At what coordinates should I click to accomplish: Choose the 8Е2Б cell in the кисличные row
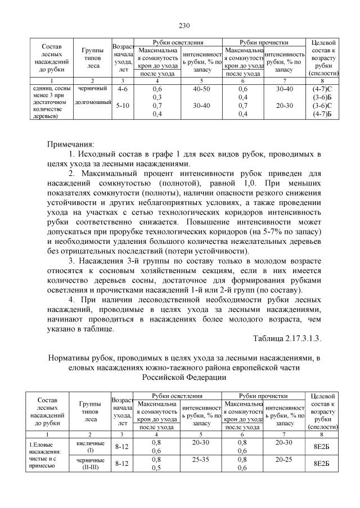point(321,446)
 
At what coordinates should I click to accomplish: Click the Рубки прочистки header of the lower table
point(263,396)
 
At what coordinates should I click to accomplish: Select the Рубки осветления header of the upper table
point(178,43)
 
